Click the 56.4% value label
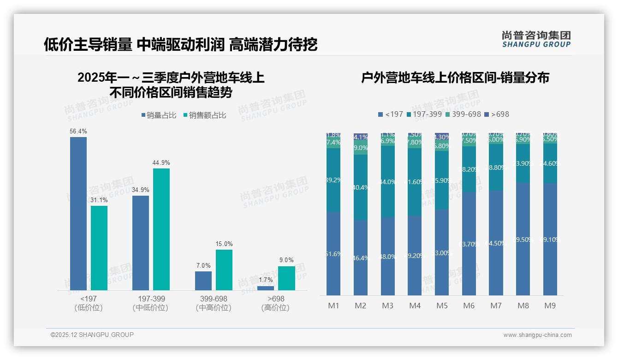[x=78, y=132]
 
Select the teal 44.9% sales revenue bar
[x=161, y=229]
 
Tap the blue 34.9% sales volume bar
[x=141, y=243]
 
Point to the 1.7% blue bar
[x=266, y=288]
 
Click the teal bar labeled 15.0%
[x=224, y=270]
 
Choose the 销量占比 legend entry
[x=159, y=115]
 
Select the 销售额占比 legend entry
[x=205, y=115]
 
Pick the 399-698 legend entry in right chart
[x=463, y=114]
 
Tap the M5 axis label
[x=442, y=306]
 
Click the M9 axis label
[x=550, y=306]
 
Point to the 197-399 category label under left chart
[x=151, y=299]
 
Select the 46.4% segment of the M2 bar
[x=361, y=258]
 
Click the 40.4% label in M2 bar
[x=361, y=187]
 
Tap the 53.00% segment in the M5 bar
[x=442, y=252]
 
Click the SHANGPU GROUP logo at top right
[x=536, y=39]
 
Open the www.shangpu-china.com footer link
[x=537, y=335]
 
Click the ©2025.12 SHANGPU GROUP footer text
[x=92, y=335]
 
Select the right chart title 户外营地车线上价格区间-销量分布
[x=455, y=78]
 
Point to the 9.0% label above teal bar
[x=286, y=260]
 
